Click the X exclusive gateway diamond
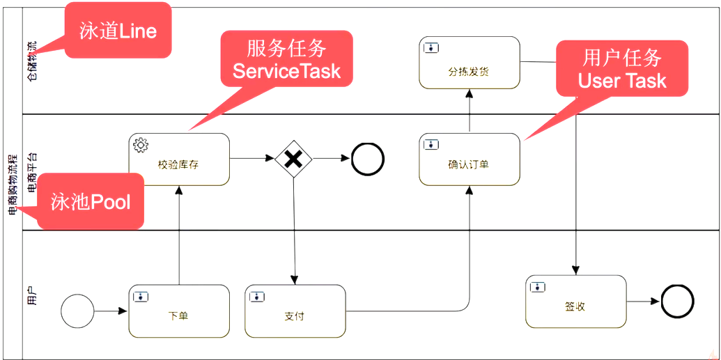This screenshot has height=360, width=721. tap(293, 159)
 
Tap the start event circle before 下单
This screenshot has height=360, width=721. tap(77, 311)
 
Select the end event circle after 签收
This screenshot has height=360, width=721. tap(677, 302)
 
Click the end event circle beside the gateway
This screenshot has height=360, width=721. tap(368, 159)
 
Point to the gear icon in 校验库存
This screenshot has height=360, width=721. tap(141, 145)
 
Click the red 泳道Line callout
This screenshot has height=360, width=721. tap(118, 31)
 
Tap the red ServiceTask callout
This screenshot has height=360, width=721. tap(286, 60)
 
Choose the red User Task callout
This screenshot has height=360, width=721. tap(621, 69)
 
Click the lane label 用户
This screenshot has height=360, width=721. tap(32, 296)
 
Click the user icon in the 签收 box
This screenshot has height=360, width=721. tap(538, 287)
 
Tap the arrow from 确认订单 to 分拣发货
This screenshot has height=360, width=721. tap(469, 111)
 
